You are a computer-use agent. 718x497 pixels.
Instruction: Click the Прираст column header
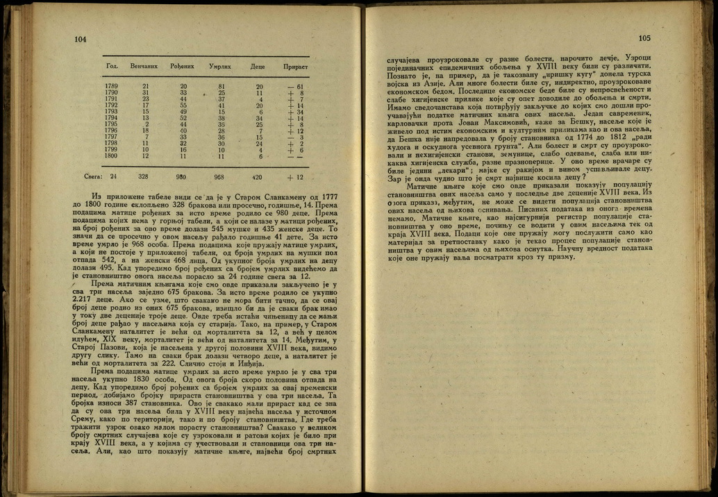point(295,66)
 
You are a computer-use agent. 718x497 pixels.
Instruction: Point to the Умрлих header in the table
point(220,66)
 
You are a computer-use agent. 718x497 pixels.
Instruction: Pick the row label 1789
point(111,86)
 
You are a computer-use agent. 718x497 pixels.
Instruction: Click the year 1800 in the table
point(111,155)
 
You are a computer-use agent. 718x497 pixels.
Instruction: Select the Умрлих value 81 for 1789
point(222,86)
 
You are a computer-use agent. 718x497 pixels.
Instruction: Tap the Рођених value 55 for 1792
point(184,105)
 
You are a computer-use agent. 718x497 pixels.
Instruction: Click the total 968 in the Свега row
point(219,177)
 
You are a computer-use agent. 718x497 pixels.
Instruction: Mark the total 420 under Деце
point(257,177)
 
